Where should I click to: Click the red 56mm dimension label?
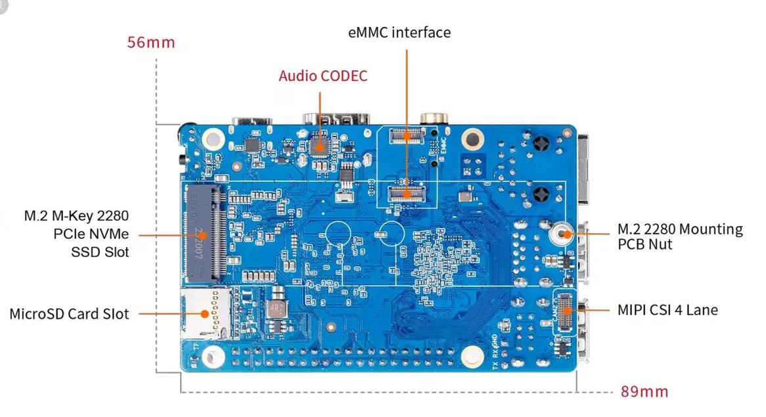click(151, 43)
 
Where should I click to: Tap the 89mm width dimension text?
click(644, 392)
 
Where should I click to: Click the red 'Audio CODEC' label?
click(323, 76)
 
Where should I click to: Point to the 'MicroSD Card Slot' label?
click(69, 313)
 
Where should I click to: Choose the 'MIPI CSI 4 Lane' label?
click(667, 309)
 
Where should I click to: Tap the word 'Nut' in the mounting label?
click(665, 244)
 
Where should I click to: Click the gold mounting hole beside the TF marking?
click(210, 357)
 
